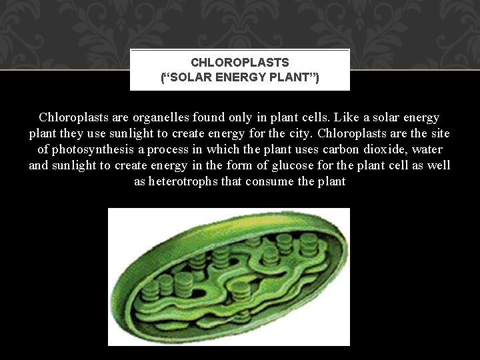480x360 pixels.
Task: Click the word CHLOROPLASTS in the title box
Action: pyautogui.click(x=240, y=63)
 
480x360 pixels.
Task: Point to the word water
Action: pyautogui.click(x=427, y=149)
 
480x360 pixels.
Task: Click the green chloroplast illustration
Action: pyautogui.click(x=229, y=277)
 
